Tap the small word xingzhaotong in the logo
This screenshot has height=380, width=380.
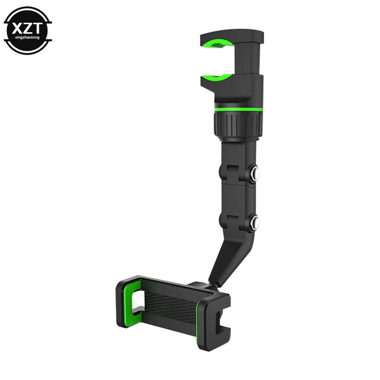tap(27, 38)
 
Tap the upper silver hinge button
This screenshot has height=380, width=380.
tap(255, 173)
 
